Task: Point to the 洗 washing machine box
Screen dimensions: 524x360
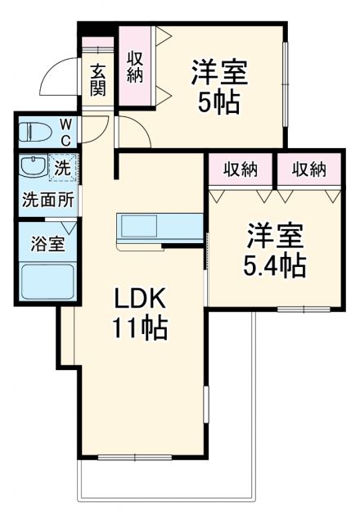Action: (62, 167)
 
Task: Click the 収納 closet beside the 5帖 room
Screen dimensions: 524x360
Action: (136, 67)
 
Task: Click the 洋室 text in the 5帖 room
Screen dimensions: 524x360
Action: (218, 72)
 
